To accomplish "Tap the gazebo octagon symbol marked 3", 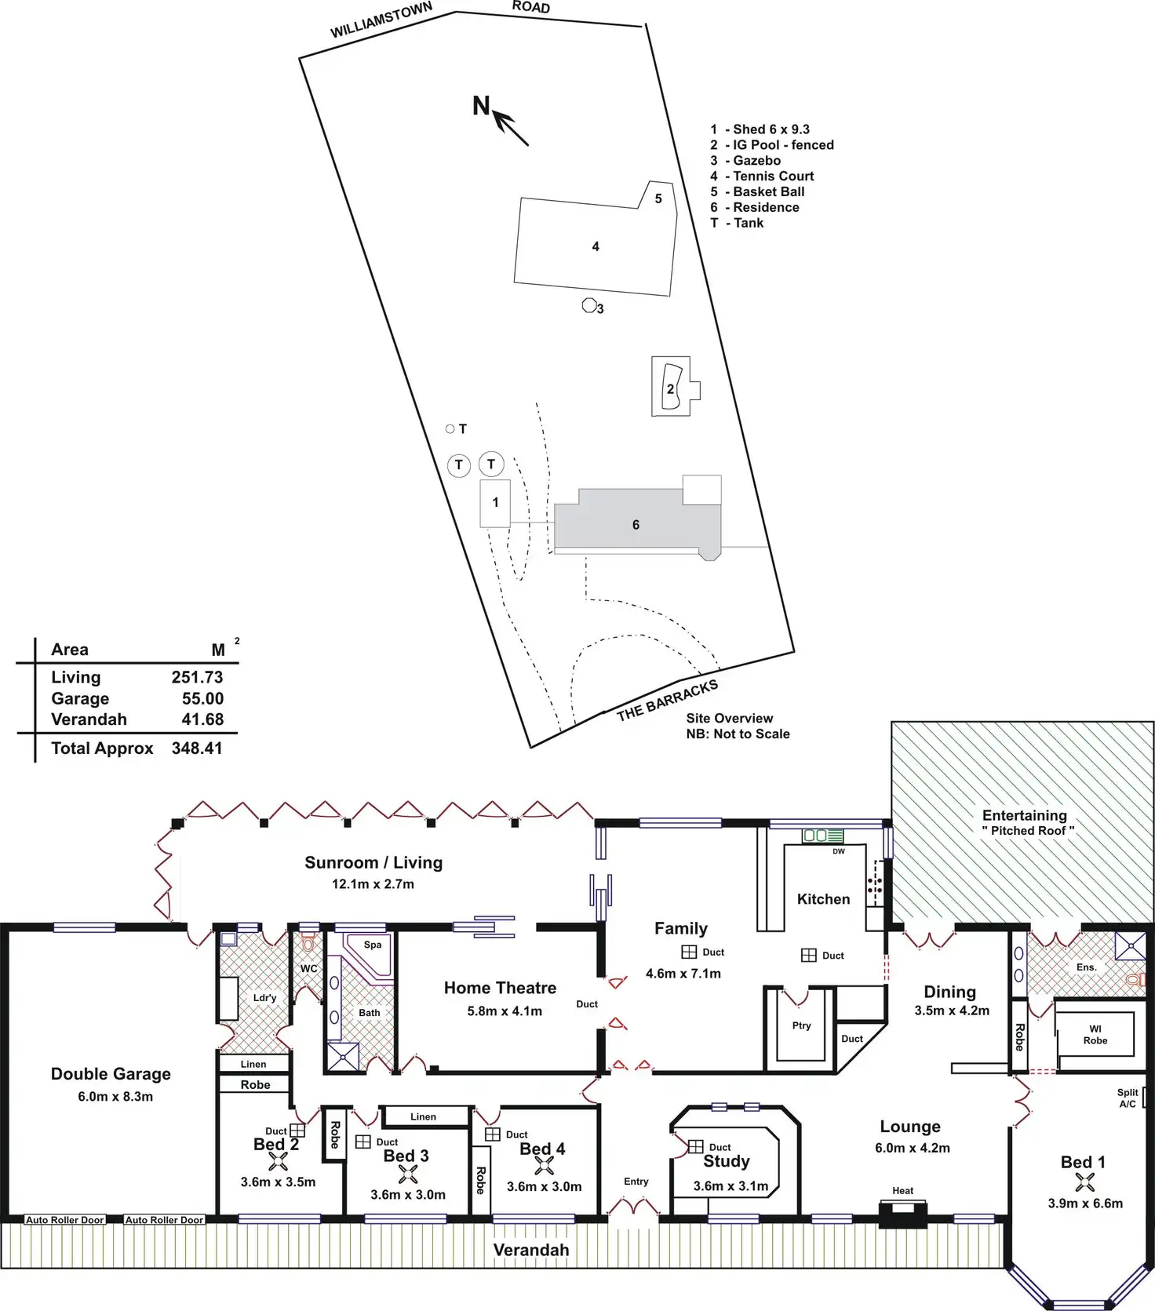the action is (588, 305).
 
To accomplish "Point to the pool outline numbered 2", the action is (670, 387).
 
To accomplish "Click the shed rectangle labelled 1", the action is (495, 503).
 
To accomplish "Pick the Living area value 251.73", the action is (197, 677).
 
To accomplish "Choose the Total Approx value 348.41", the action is (197, 748).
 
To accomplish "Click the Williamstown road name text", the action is (381, 20).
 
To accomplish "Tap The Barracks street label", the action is (667, 700).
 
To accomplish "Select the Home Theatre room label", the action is (500, 989).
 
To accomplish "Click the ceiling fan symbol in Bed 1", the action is (1085, 1182).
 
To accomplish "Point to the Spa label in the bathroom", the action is (373, 945).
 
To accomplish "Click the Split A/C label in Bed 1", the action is (1128, 1098).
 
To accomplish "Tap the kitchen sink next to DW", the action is (822, 836).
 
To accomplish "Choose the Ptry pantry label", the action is (801, 1025).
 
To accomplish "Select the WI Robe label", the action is (1095, 1035).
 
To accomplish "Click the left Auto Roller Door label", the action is (65, 1220).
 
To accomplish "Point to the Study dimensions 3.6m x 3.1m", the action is (731, 1186).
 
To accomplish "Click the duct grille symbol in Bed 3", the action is (363, 1142).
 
